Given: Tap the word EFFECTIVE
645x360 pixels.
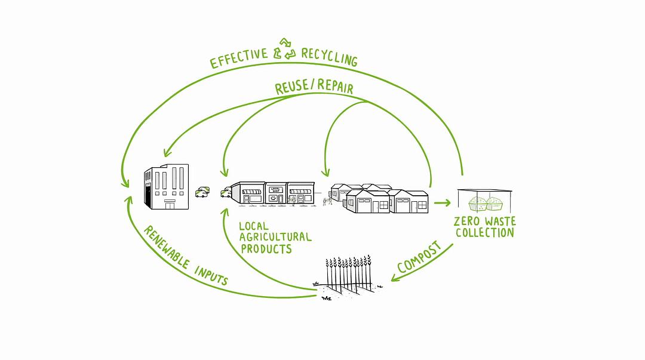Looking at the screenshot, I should pyautogui.click(x=239, y=58).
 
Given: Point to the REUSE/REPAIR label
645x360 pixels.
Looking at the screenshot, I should pyautogui.click(x=314, y=87).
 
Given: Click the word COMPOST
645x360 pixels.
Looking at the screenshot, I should pyautogui.click(x=420, y=257).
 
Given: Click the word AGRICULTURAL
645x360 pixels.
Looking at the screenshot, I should pyautogui.click(x=275, y=237).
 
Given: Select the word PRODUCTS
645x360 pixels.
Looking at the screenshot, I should pyautogui.click(x=266, y=248).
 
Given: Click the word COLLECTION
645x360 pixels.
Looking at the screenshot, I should pyautogui.click(x=484, y=233).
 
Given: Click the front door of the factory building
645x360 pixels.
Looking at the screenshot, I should pyautogui.click(x=170, y=205).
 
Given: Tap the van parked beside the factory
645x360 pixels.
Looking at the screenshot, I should pyautogui.click(x=202, y=192).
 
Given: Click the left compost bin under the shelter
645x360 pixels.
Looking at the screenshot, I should pyautogui.click(x=477, y=204).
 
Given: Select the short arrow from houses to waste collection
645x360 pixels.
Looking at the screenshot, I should pyautogui.click(x=442, y=203).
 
